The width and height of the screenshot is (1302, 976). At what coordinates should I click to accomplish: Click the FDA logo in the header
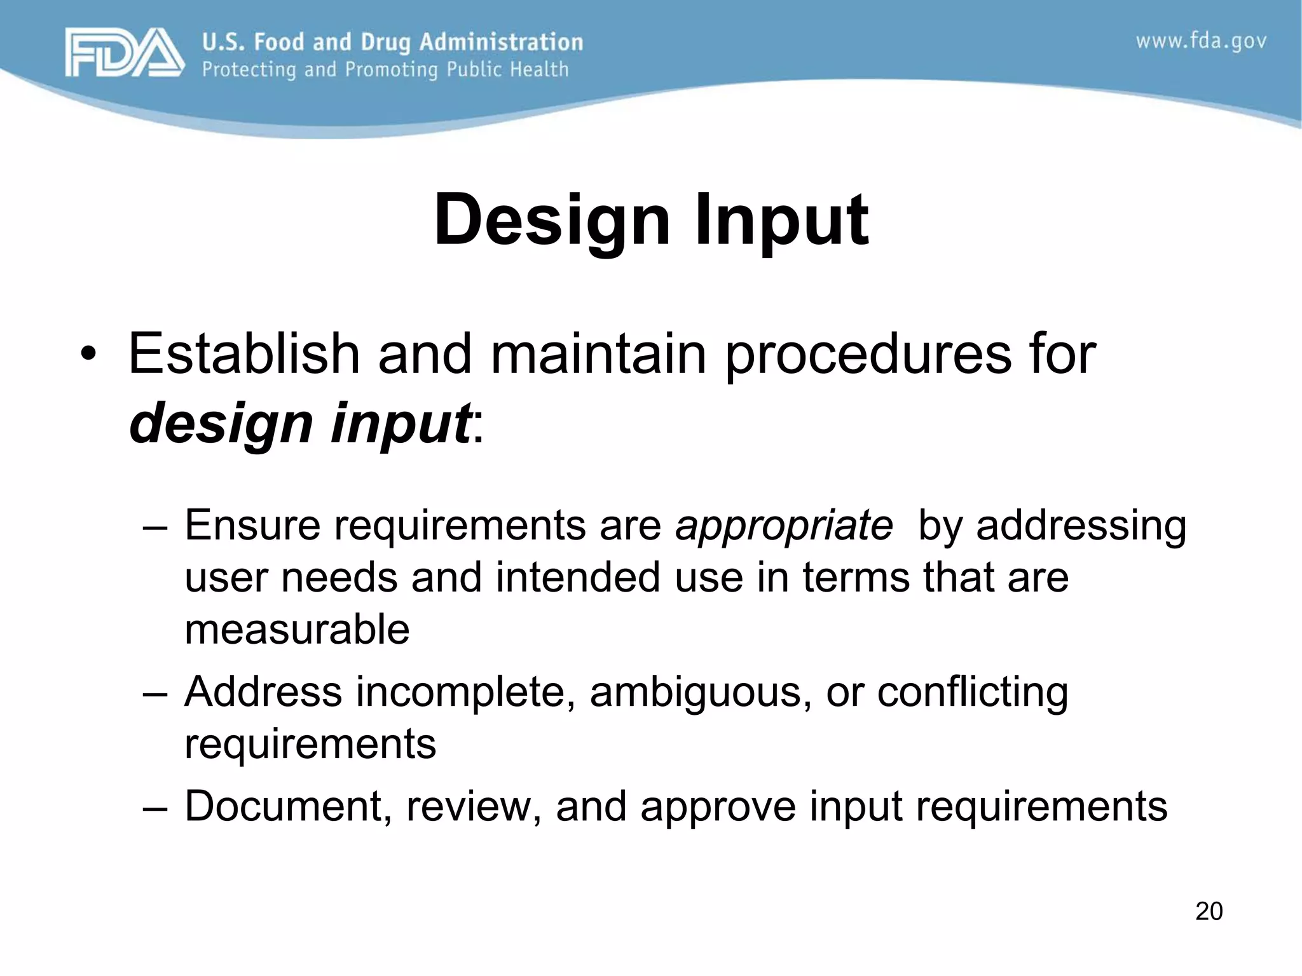tap(124, 53)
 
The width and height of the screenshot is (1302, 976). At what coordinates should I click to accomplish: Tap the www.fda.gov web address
tap(1201, 42)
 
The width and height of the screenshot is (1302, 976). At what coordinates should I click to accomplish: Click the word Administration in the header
tap(501, 42)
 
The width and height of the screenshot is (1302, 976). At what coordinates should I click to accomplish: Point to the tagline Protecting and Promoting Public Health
tap(385, 69)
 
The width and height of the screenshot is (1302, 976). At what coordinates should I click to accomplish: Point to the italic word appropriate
tap(784, 526)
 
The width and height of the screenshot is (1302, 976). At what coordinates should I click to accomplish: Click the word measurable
tap(297, 629)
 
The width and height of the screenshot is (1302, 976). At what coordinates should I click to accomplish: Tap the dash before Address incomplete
tap(156, 693)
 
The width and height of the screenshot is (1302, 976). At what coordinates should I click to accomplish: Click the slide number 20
tap(1209, 911)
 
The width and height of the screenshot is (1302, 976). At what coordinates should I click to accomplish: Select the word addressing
tap(1081, 526)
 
